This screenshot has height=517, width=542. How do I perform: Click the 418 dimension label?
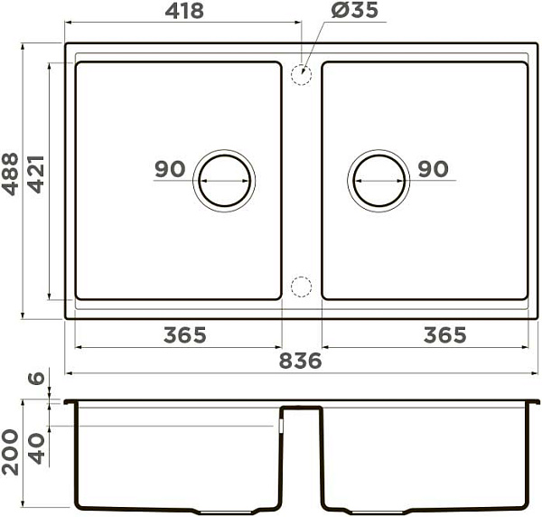[x=184, y=11]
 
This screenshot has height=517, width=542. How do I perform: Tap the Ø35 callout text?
[x=355, y=10]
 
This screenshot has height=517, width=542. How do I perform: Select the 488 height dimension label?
[x=10, y=174]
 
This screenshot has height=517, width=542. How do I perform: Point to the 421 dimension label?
[x=36, y=174]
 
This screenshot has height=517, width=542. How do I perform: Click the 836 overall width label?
[x=300, y=361]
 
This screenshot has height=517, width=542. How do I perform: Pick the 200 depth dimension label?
[x=10, y=452]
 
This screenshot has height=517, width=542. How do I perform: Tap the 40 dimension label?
[x=36, y=449]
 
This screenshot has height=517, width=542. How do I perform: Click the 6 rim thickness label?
[x=36, y=379]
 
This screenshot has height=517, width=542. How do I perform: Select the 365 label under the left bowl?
[x=185, y=335]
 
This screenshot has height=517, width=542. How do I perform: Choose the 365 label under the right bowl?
[x=445, y=335]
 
